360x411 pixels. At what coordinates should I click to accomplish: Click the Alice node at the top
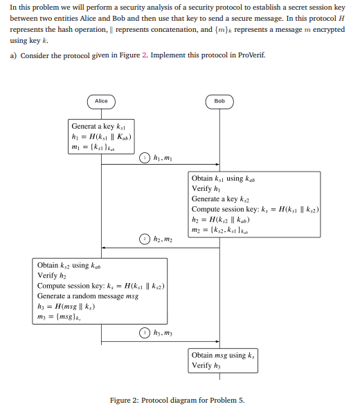click(102, 101)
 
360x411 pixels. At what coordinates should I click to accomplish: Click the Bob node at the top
click(219, 101)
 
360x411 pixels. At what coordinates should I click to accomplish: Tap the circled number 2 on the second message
click(144, 239)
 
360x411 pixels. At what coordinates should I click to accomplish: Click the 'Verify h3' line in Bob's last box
click(206, 366)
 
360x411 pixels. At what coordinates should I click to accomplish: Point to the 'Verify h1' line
click(206, 188)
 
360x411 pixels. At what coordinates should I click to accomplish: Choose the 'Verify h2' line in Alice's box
click(52, 275)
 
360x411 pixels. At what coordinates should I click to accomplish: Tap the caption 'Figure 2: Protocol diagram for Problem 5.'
click(177, 400)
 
